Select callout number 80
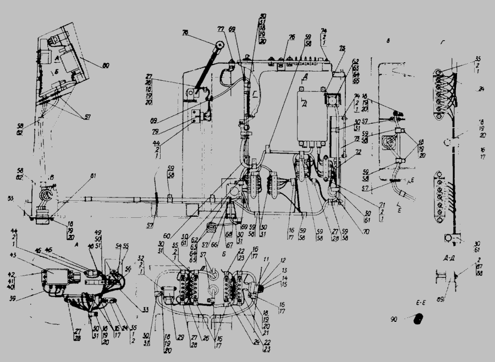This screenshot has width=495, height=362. (105, 65)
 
